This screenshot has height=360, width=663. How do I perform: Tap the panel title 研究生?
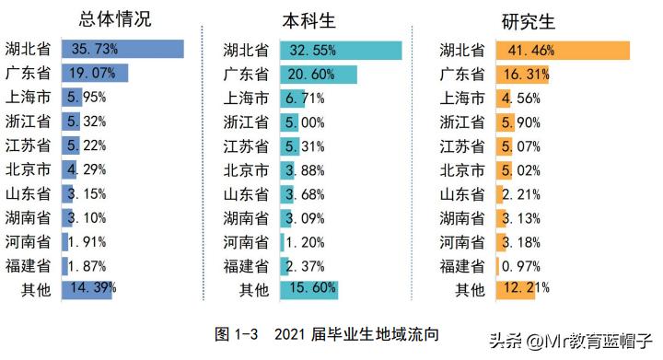pyautogui.click(x=529, y=20)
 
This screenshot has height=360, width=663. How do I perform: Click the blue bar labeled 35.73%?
pyautogui.click(x=122, y=50)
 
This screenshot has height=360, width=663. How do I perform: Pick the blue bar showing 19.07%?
pyautogui.click(x=95, y=74)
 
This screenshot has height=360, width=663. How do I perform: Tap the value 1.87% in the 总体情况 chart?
pyautogui.click(x=88, y=265)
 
